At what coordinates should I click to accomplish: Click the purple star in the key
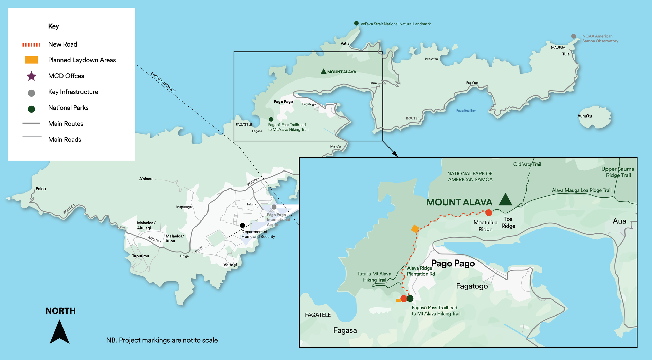tap(31, 76)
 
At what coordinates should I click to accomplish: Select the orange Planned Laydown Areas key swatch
tap(31, 60)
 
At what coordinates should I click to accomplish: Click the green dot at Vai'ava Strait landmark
tap(356, 23)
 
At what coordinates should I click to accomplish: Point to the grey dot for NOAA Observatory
tap(574, 36)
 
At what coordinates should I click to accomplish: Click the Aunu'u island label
tap(584, 116)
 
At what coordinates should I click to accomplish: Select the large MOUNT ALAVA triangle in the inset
tap(505, 200)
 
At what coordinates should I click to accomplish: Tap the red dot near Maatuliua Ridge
tap(489, 213)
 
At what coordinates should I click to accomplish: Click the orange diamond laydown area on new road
tap(415, 229)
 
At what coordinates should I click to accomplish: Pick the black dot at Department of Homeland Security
tap(242, 225)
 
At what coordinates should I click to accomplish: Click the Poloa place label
tap(41, 189)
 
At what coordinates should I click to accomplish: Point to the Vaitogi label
tap(230, 265)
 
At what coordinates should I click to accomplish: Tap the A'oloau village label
tap(146, 179)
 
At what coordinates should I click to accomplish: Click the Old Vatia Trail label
tap(527, 164)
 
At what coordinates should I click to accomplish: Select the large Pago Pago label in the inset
tap(453, 264)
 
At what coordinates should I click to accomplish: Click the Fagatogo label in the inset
tap(472, 286)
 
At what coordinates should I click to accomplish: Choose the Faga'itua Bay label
tap(466, 111)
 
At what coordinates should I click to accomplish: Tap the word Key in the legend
tap(53, 26)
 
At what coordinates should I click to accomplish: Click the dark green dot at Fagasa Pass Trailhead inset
tap(410, 299)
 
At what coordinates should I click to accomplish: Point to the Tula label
tap(566, 54)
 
